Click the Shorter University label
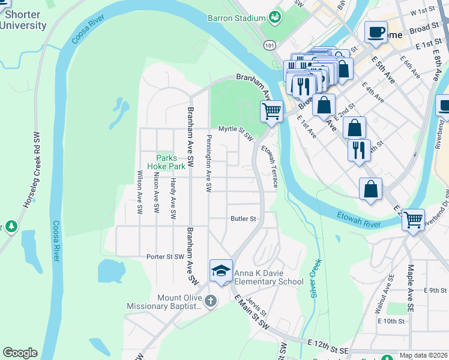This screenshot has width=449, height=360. [x=23, y=20]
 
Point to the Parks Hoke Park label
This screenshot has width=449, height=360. [x=167, y=162]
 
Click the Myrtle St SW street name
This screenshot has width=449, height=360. [x=236, y=130]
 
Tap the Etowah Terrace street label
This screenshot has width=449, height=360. [x=270, y=165]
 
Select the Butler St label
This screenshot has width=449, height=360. [x=243, y=219]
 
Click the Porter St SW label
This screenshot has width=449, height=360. [x=164, y=256]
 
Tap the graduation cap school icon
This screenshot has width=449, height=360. [x=221, y=271]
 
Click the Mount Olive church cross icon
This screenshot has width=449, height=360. [x=210, y=301]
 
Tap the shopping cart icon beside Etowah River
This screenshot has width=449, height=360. [x=413, y=220]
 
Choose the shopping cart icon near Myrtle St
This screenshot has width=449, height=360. [x=271, y=111]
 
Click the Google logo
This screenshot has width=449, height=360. [x=20, y=353]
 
